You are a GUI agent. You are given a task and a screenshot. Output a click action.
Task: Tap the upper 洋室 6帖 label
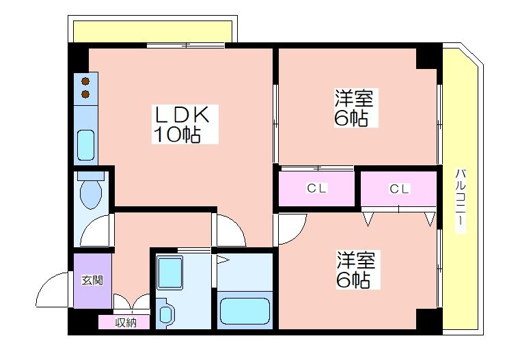(x=354, y=108)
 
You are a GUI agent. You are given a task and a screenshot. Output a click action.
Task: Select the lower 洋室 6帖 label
(x=356, y=270)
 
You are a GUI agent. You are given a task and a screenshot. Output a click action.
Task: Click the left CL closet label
(x=316, y=189)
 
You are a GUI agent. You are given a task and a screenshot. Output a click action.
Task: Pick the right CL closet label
(x=399, y=189)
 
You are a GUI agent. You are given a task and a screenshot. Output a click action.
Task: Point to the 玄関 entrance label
(x=92, y=281)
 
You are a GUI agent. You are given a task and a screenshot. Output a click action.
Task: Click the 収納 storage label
(x=126, y=322)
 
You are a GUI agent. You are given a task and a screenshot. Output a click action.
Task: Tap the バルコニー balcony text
(x=461, y=201)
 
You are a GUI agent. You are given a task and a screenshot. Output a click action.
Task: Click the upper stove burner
(x=85, y=81)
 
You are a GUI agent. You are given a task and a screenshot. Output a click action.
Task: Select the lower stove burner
(x=85, y=94)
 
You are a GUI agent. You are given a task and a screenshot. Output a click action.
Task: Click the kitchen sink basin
(x=85, y=146)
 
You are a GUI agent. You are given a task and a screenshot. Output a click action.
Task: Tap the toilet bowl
(x=90, y=195)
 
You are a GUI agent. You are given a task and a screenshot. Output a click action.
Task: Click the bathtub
(x=245, y=311)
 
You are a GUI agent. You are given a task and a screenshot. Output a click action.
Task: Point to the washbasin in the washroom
(x=167, y=314)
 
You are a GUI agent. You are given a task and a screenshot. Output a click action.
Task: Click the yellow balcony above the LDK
(x=152, y=31)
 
